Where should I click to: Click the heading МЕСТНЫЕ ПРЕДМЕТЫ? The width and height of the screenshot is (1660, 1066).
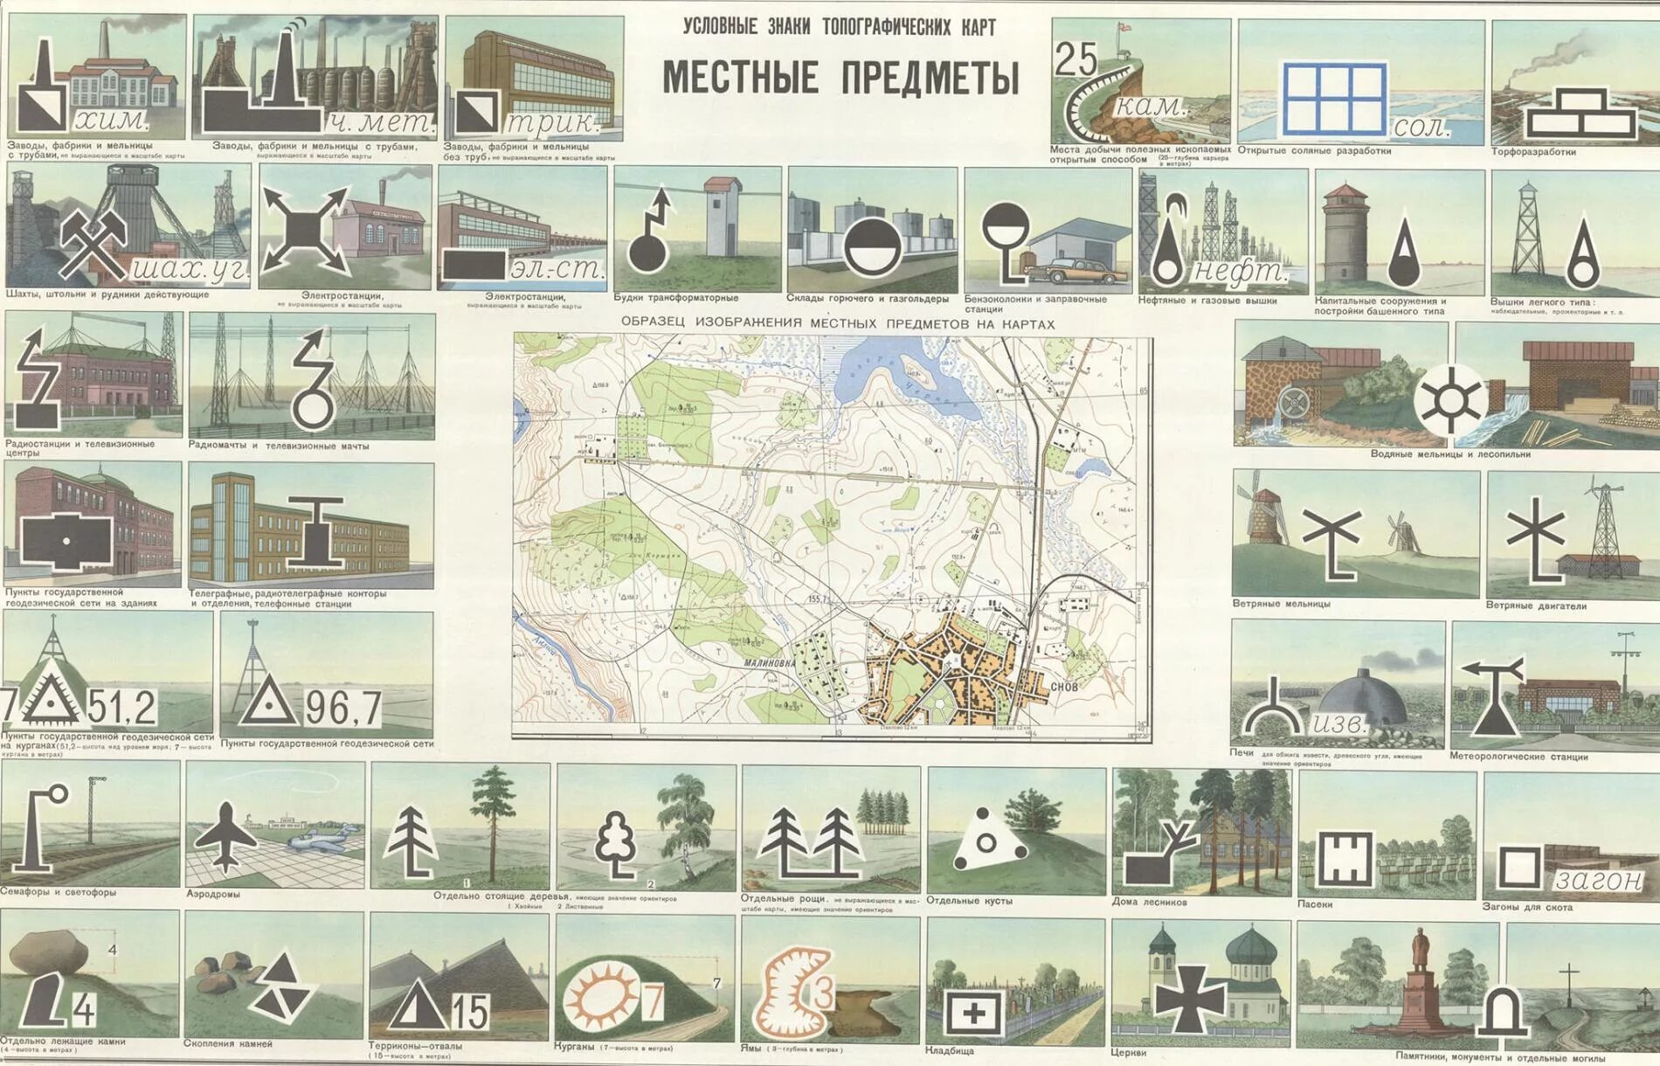point(840,77)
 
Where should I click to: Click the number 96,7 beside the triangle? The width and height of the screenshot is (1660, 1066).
point(342,709)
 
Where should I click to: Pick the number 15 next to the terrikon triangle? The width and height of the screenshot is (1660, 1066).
point(470,1012)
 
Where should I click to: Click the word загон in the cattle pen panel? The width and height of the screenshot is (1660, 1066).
point(1599,880)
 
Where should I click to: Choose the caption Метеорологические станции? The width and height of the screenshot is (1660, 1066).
point(1518,757)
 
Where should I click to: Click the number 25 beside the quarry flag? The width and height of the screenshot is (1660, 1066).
point(1076,60)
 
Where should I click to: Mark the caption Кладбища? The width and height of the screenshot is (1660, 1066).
point(950,1050)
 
